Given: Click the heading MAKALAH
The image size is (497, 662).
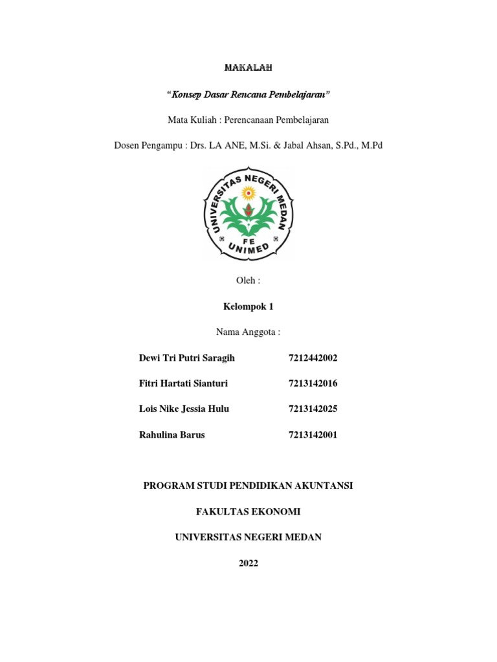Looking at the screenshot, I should point(248,67).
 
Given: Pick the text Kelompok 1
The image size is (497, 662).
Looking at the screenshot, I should point(248,306).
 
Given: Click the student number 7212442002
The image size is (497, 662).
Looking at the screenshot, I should point(313,358).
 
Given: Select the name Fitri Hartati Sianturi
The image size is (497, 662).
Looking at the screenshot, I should point(183,383).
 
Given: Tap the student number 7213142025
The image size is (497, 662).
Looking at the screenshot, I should point(313,409).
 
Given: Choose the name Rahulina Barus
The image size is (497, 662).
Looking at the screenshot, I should point(171,434).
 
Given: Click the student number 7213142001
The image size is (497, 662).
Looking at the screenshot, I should point(313,434).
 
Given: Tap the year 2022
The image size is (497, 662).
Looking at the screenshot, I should point(248,563).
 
